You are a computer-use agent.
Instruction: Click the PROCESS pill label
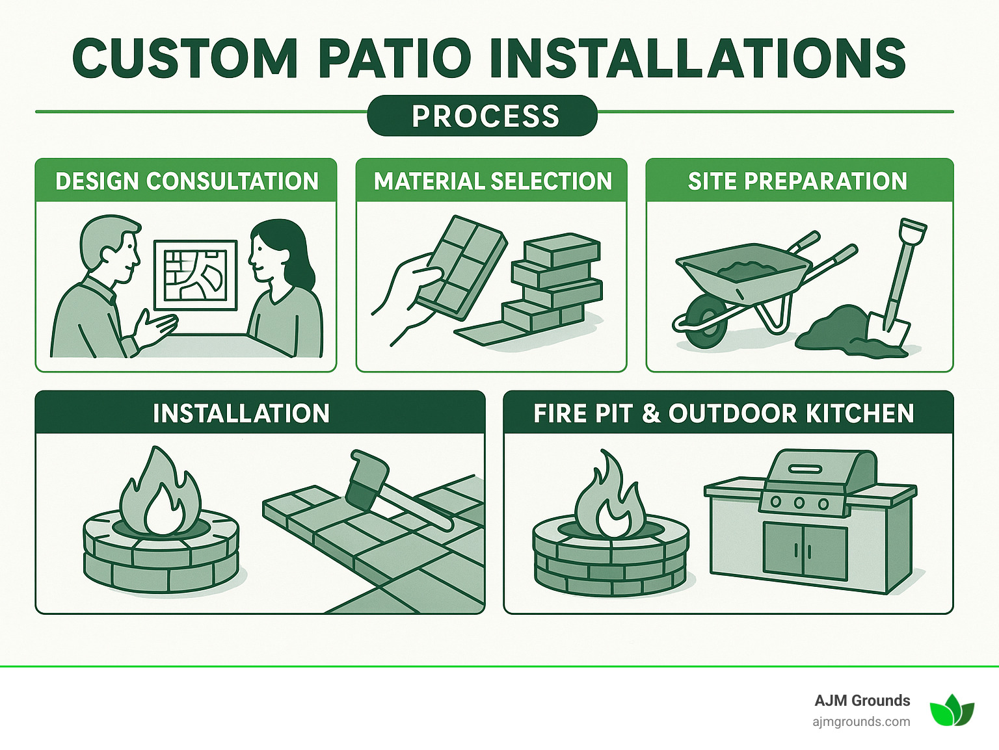[485, 116]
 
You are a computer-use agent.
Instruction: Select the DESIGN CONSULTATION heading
[187, 181]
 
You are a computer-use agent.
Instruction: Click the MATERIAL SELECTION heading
[492, 181]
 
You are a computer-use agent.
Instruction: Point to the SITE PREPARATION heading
[797, 181]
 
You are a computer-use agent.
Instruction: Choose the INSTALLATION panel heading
[241, 413]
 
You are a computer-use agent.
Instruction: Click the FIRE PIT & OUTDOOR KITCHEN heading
[724, 413]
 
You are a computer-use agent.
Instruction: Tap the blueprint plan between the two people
[195, 275]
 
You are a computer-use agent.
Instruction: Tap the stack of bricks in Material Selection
[556, 279]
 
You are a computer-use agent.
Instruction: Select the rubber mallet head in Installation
[367, 481]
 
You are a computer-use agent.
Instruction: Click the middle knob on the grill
[799, 502]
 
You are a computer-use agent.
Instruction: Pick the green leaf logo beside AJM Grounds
[952, 710]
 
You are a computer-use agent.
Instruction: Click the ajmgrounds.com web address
[861, 721]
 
